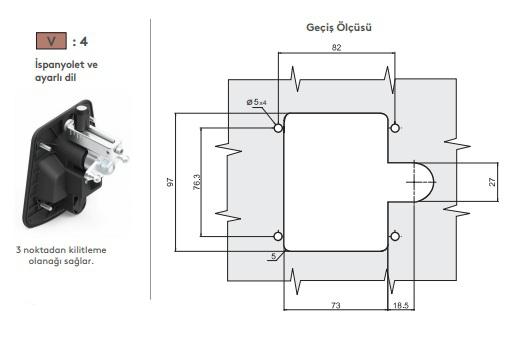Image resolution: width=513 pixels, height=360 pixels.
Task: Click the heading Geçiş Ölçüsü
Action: click(x=339, y=27)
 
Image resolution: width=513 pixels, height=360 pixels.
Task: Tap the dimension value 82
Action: click(x=336, y=48)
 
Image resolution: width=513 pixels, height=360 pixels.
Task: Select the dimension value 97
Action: click(x=170, y=182)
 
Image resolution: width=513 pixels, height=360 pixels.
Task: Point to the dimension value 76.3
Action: click(x=197, y=182)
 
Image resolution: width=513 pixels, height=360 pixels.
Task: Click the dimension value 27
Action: click(x=492, y=182)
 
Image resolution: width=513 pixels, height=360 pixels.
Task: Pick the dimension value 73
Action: click(x=336, y=305)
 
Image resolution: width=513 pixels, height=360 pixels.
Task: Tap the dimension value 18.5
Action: click(x=401, y=305)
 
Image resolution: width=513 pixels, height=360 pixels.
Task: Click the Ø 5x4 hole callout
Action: click(x=256, y=102)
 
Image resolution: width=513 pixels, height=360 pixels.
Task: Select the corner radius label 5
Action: click(x=274, y=256)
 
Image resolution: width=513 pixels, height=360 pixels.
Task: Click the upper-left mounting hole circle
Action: click(x=278, y=128)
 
